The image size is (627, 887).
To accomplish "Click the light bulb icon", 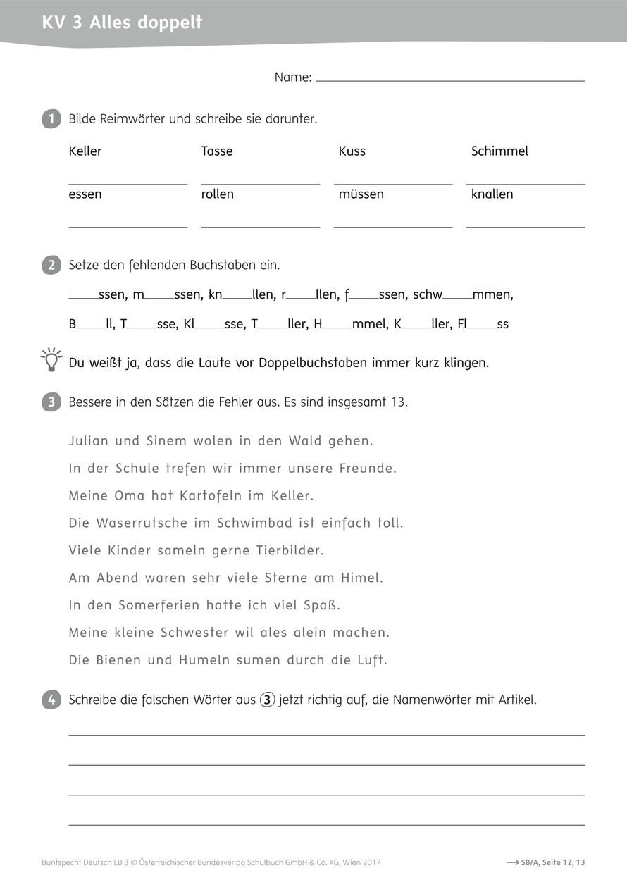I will [x=51, y=359].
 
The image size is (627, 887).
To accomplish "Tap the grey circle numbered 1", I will [x=51, y=118].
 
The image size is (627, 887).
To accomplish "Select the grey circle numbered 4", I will [x=51, y=700].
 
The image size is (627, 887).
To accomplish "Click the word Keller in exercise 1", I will [x=85, y=151].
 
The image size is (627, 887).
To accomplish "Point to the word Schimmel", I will [x=499, y=151].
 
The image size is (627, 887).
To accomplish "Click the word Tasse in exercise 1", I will [x=217, y=151].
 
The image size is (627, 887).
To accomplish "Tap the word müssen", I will [x=361, y=194].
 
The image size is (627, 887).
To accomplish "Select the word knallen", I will [x=492, y=194].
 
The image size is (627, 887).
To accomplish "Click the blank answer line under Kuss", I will [x=393, y=184].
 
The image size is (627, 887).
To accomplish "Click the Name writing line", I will [x=450, y=81].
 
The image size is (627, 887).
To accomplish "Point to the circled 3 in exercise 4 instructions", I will [x=267, y=700].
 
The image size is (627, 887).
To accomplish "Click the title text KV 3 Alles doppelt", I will [x=123, y=23].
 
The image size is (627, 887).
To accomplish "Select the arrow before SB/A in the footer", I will [x=513, y=862].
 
